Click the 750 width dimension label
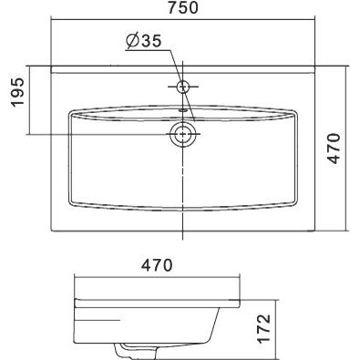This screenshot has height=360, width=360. point(183,8)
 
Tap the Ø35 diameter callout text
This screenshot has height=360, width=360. point(143,41)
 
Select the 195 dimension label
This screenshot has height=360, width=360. point(17,92)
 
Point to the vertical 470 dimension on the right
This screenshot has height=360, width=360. point(334,149)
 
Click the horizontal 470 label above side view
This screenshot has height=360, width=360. point(157,265)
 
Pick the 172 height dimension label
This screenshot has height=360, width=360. point(263,328)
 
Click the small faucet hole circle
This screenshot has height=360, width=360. point(183,87)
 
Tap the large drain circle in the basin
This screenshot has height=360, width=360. point(182,134)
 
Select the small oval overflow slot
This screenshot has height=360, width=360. point(183,110)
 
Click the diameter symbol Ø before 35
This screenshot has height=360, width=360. point(132,41)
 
